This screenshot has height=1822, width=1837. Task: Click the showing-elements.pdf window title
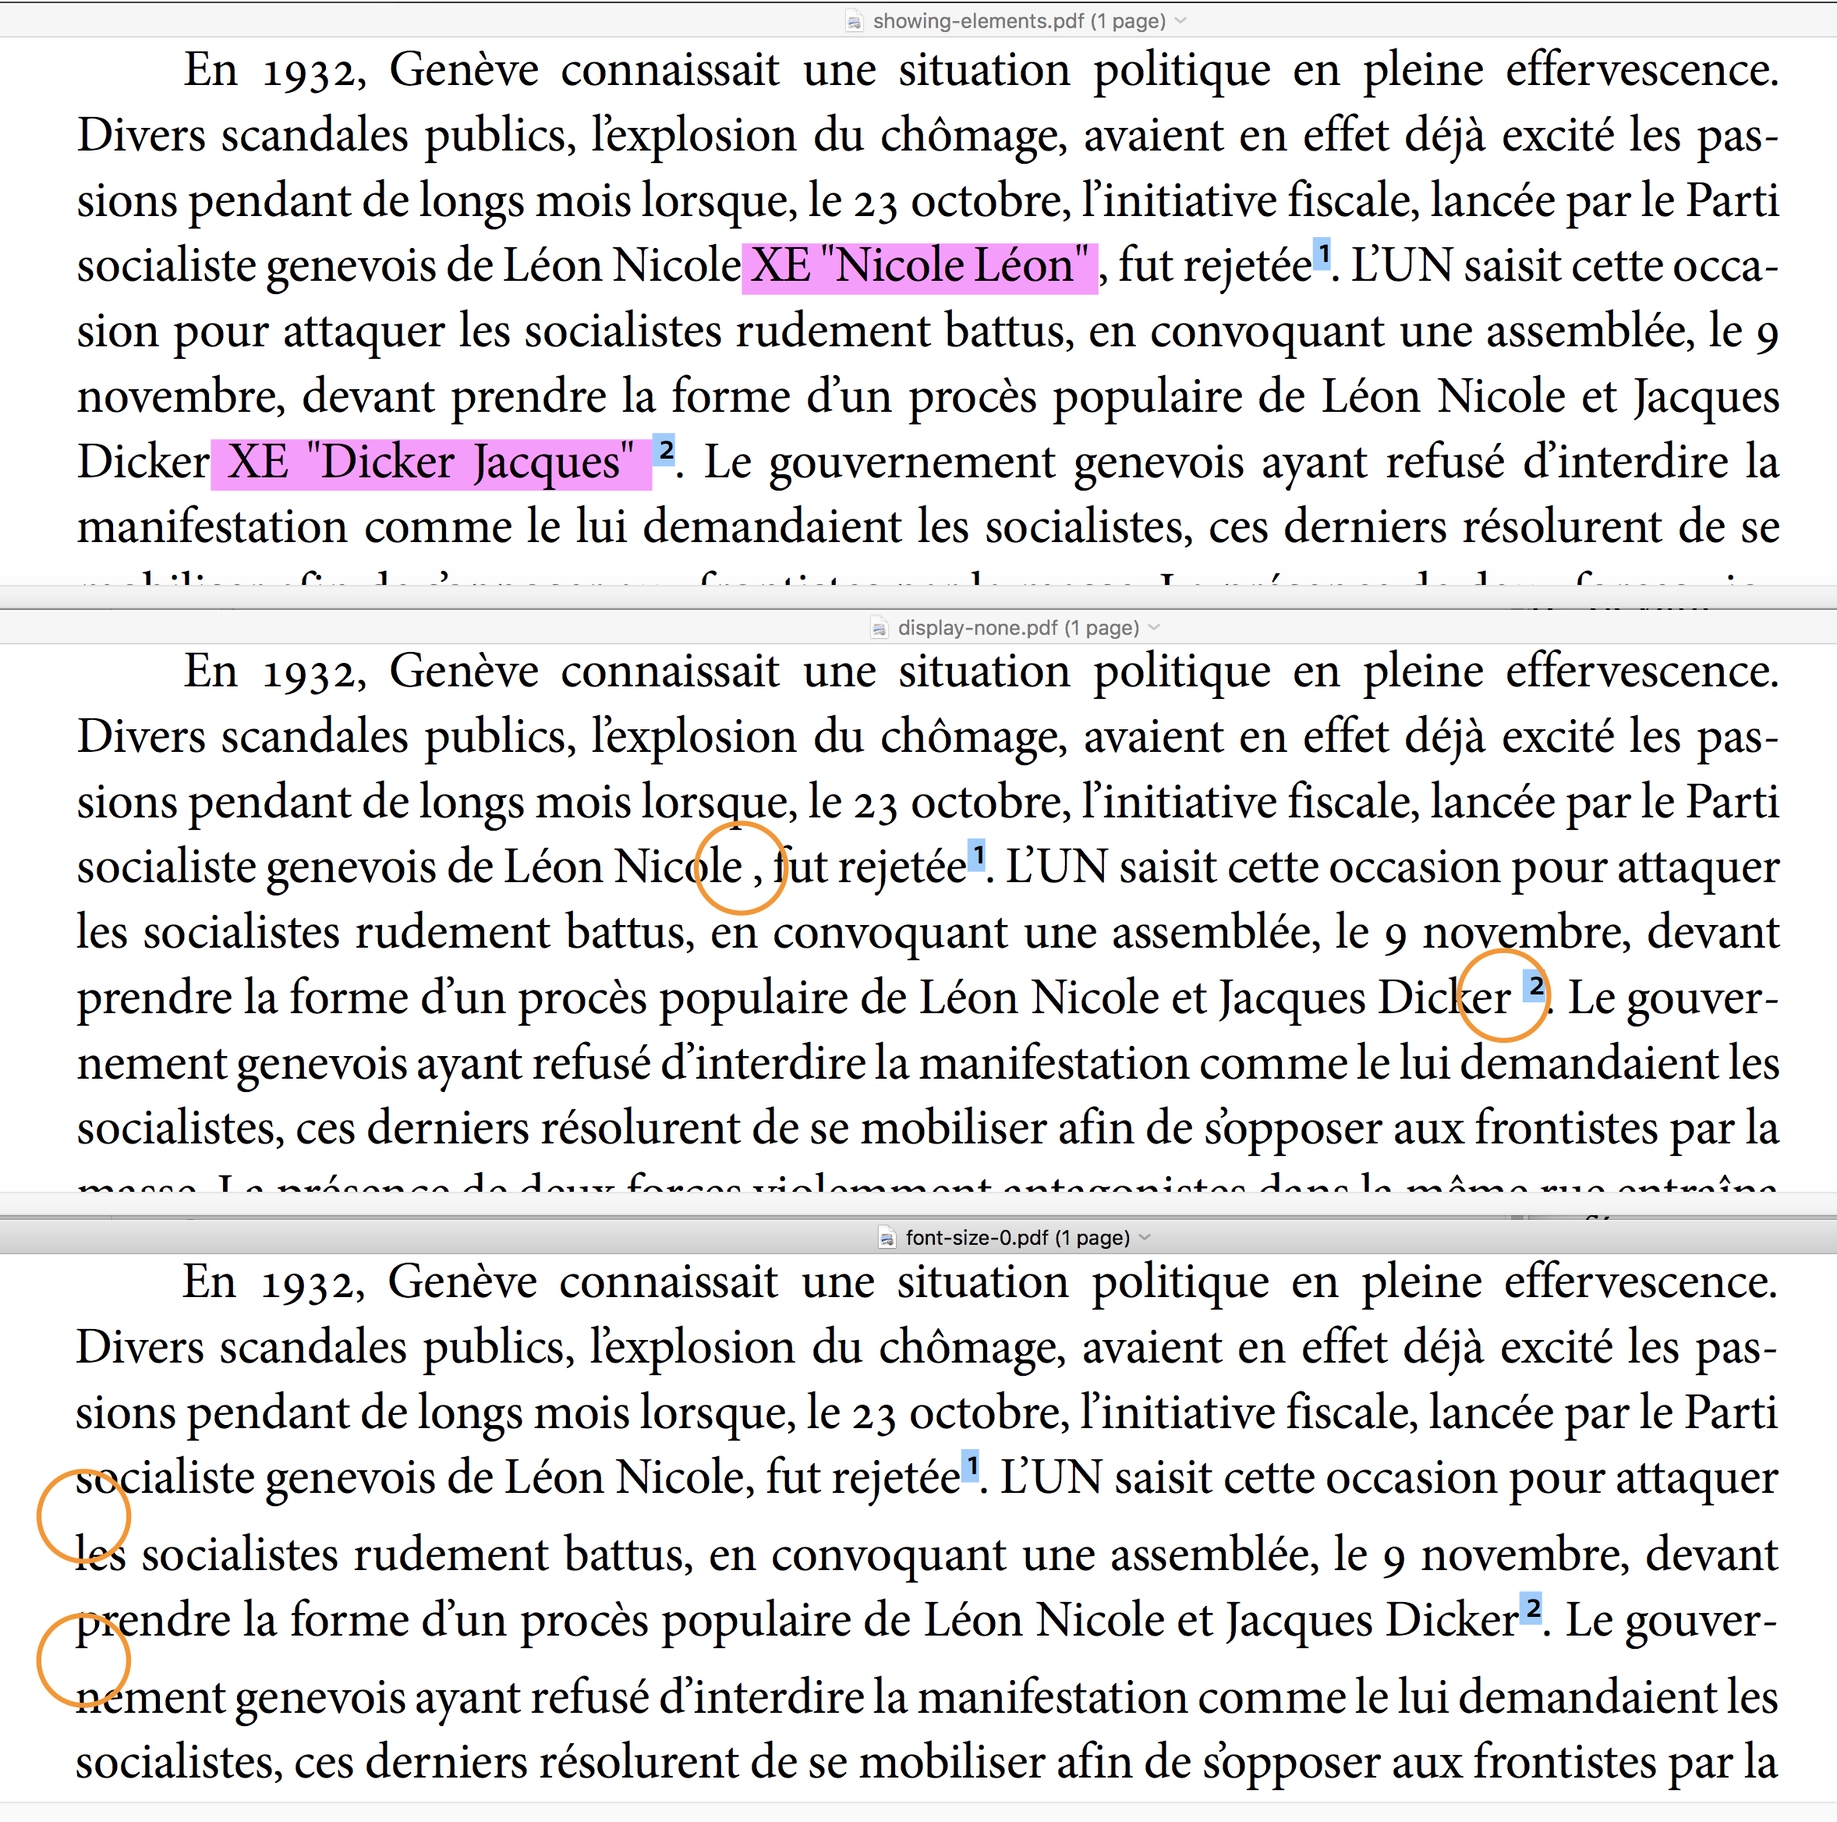click(1018, 21)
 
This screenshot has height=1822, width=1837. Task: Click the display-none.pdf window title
click(1018, 628)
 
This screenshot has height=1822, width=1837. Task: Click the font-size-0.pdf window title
click(1018, 1237)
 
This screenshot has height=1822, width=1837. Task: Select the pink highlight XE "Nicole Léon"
click(919, 266)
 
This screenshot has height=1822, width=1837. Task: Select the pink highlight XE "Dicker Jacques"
click(430, 463)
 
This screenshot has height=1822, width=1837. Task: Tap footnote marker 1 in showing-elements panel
click(1322, 254)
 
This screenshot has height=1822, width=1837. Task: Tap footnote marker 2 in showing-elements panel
click(666, 450)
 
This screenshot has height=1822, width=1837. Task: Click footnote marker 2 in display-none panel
click(1534, 985)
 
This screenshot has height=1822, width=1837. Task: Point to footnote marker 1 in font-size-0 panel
click(971, 1466)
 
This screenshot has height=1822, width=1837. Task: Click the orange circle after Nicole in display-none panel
click(741, 867)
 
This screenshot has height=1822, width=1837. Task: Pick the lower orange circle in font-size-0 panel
click(83, 1661)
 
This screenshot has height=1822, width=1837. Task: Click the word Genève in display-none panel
click(464, 672)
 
